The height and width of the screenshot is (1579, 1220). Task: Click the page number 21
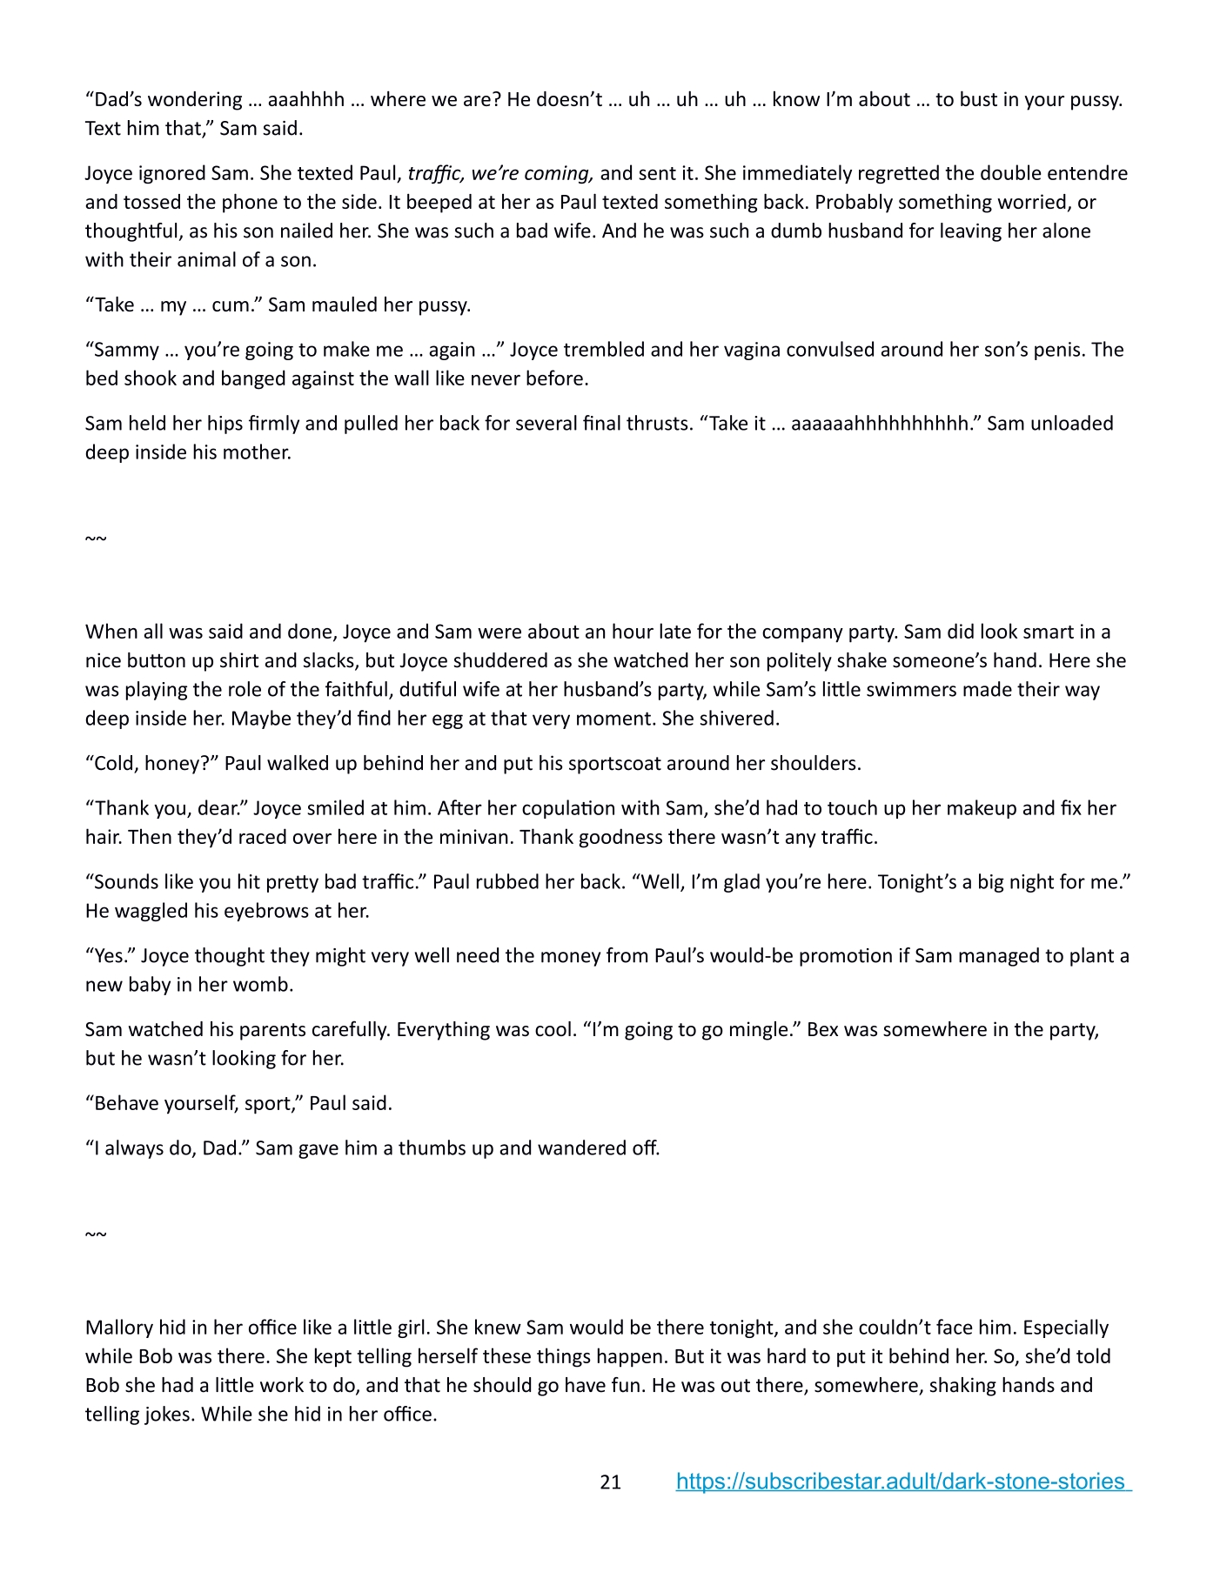tap(610, 1482)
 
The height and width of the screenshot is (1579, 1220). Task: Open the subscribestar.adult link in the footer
tap(903, 1482)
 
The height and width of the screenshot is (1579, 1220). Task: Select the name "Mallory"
tap(119, 1328)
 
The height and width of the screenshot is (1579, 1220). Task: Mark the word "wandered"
tap(579, 1148)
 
